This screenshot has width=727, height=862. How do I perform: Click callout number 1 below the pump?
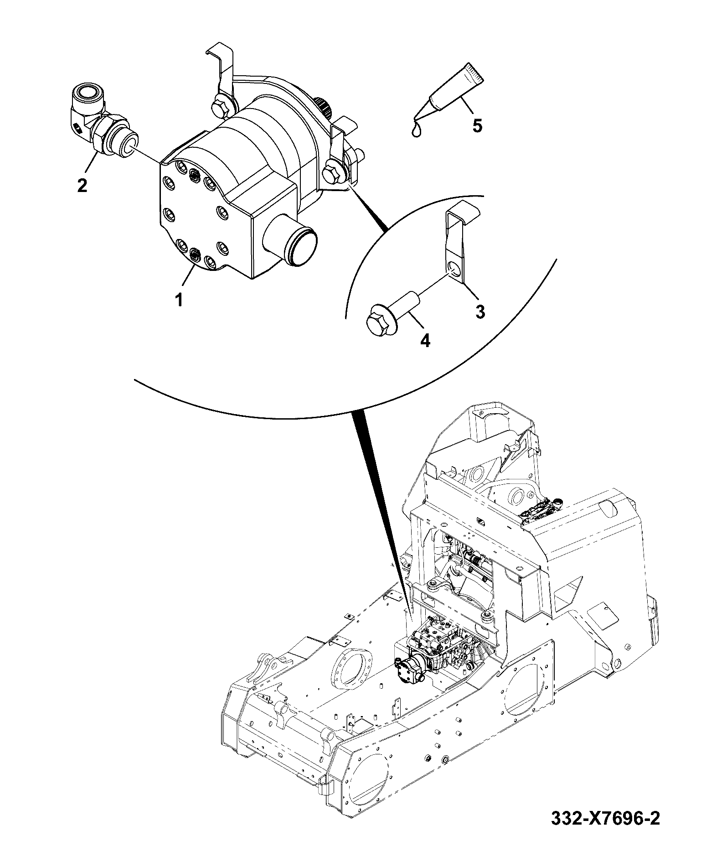click(179, 300)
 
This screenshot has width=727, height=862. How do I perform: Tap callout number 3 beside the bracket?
click(480, 312)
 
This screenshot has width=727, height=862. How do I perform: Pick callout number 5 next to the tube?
click(477, 125)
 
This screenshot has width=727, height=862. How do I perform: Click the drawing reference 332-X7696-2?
click(605, 831)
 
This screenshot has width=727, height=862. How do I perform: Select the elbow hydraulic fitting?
click(102, 120)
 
